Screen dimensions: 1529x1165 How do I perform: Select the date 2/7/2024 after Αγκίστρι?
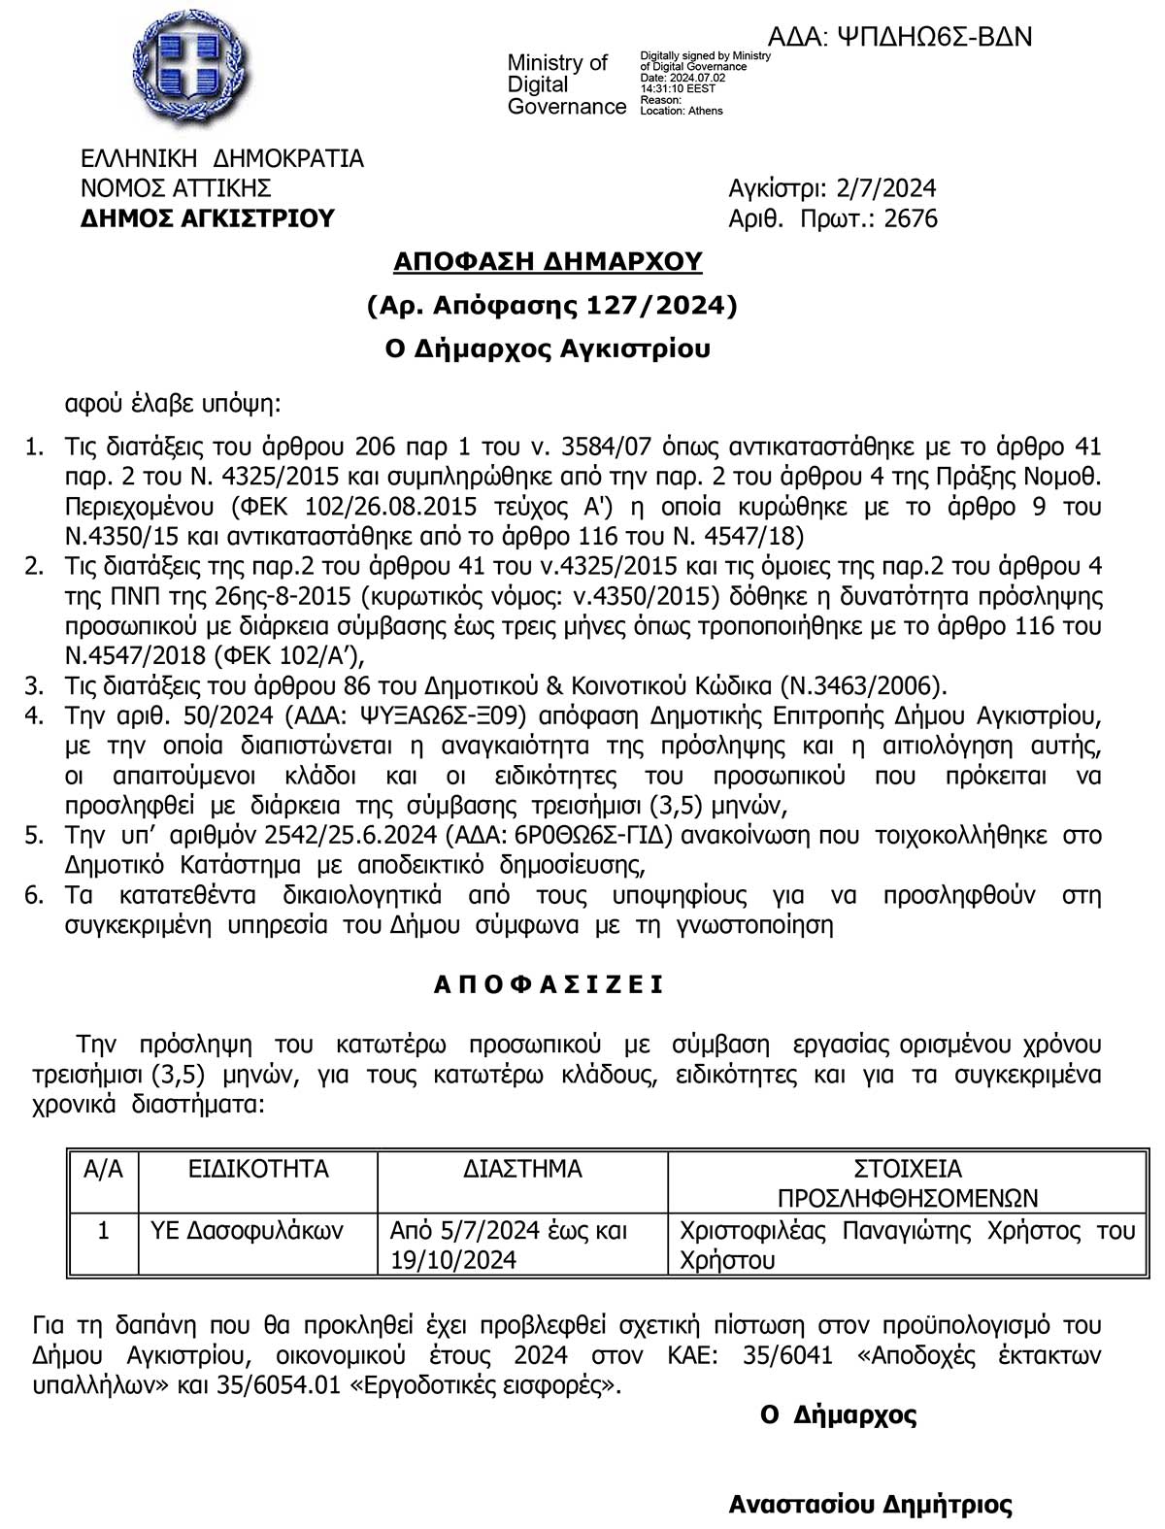click(885, 187)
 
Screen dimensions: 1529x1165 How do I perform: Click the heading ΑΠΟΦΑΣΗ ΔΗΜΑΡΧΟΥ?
click(548, 261)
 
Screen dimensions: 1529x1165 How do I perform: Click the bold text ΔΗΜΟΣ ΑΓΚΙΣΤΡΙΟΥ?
click(207, 218)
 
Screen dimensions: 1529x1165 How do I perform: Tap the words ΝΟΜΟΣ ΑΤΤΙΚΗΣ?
click(176, 187)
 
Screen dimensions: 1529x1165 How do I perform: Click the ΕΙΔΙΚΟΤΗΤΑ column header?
click(258, 1169)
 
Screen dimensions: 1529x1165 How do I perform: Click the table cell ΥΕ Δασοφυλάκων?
click(247, 1231)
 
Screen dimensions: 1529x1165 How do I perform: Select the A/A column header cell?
click(104, 1169)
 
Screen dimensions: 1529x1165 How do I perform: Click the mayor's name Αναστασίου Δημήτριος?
click(870, 1505)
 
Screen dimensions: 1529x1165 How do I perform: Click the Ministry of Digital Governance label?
click(566, 84)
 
